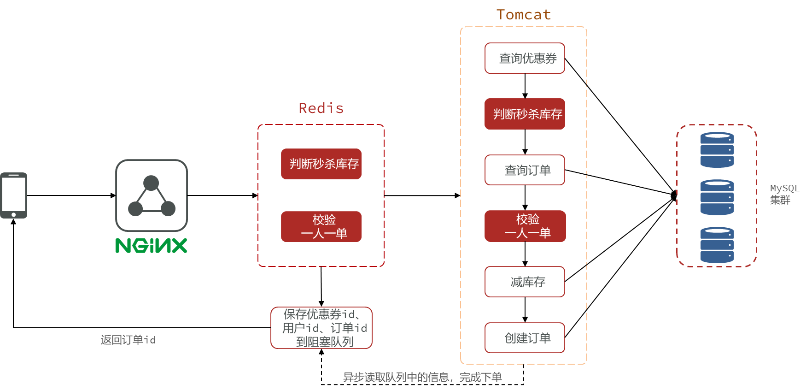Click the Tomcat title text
click(524, 15)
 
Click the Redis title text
click(321, 108)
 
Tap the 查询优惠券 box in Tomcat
click(525, 58)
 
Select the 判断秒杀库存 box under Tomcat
click(525, 114)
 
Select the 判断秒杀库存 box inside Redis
click(321, 164)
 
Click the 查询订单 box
click(525, 170)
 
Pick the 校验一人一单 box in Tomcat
click(525, 226)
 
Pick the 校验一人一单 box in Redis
click(321, 226)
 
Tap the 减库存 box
click(525, 282)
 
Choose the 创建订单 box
click(525, 338)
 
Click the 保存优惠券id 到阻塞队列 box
click(321, 328)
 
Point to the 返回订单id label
click(128, 340)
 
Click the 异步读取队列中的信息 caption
click(422, 378)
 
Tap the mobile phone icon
click(14, 195)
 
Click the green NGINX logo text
click(151, 246)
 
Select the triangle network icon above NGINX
click(152, 195)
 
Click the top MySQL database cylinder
click(717, 150)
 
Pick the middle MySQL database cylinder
click(717, 197)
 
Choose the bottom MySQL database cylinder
click(717, 245)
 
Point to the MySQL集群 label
click(784, 194)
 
